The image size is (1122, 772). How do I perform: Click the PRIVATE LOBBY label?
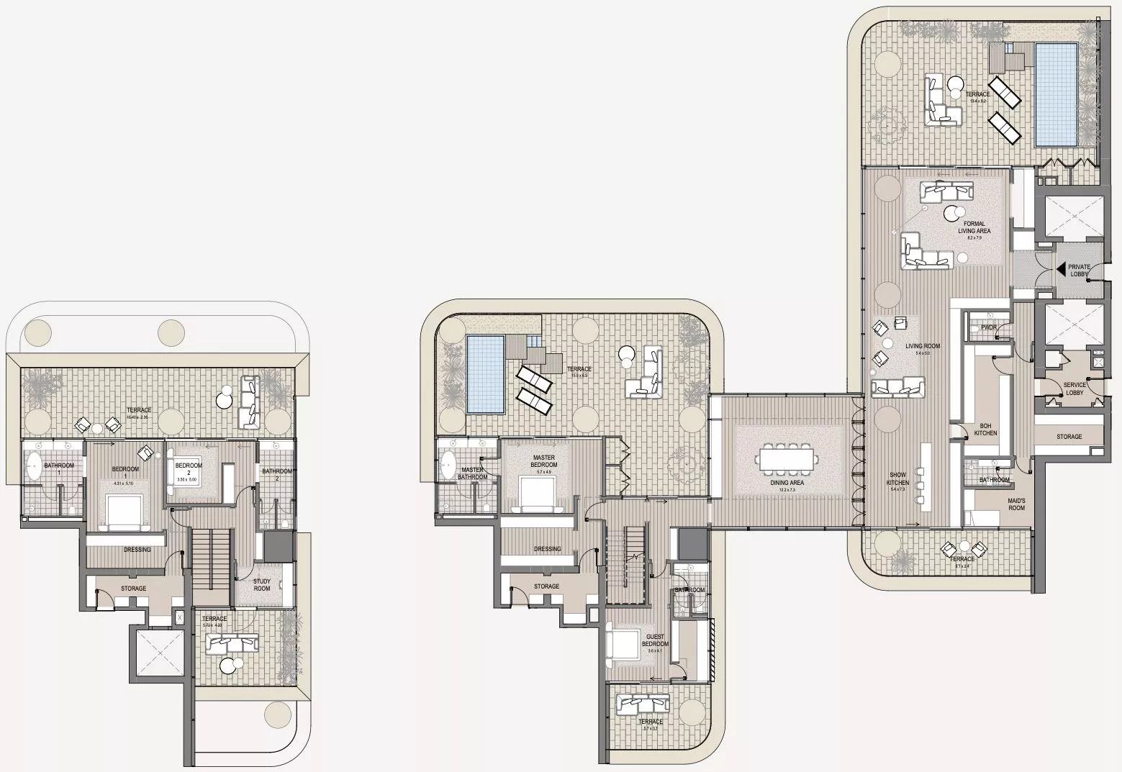coord(1079,270)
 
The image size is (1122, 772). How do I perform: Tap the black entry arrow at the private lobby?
coord(1062,270)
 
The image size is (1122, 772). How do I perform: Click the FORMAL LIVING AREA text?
coord(974,227)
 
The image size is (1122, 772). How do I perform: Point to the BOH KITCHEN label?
coord(985,430)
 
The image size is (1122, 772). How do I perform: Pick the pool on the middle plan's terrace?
coord(485,374)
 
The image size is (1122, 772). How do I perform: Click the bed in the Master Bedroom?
coord(535,495)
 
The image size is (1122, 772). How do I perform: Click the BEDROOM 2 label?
coord(189,469)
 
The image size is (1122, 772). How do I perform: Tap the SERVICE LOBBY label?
coord(1075,389)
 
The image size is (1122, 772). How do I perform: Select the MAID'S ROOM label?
coord(1016,503)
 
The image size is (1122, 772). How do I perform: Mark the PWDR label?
coord(987,328)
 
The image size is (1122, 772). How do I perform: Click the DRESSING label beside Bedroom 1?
coord(137,550)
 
